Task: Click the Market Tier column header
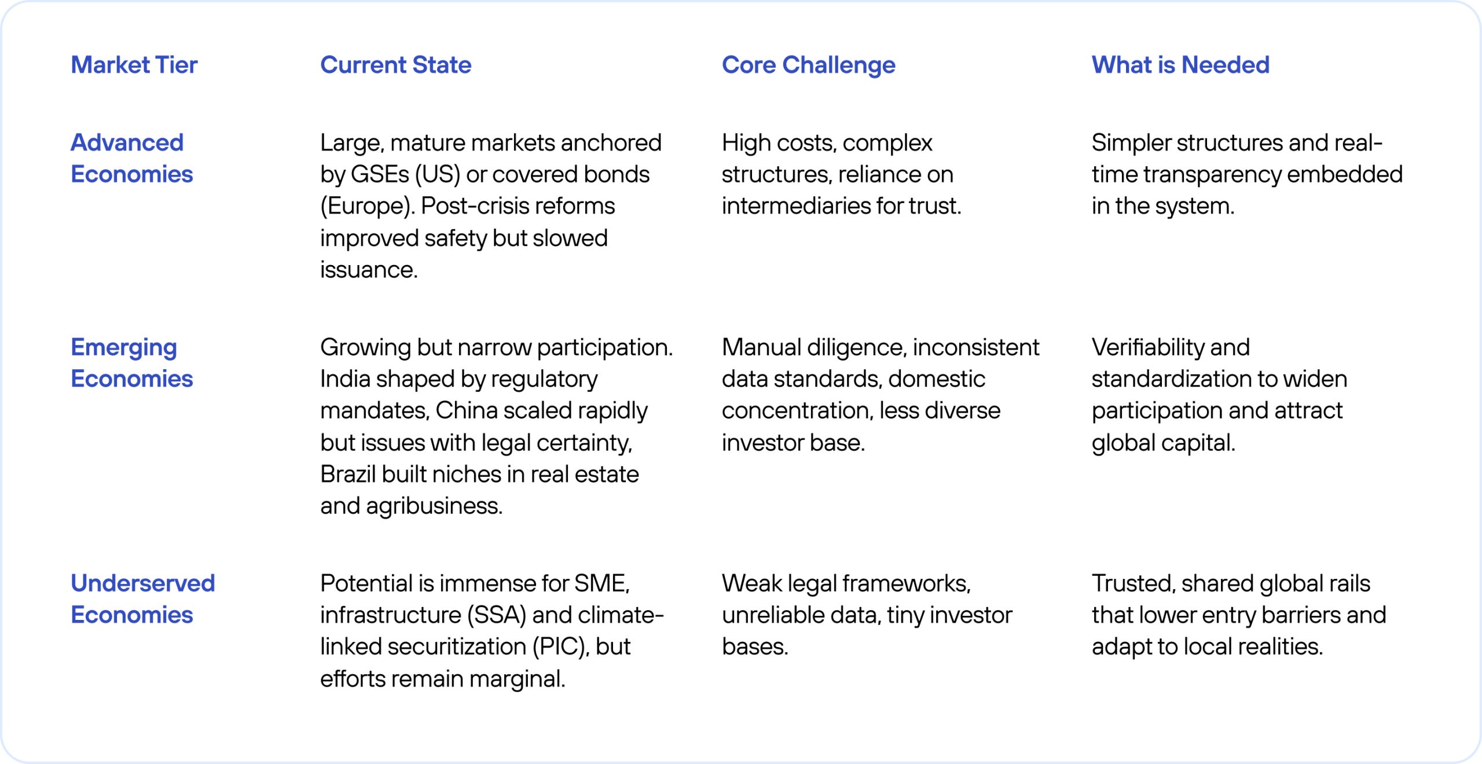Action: click(134, 65)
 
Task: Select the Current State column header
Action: click(396, 65)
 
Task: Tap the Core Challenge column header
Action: click(808, 65)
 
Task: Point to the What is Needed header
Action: click(1180, 65)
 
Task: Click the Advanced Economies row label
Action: click(132, 158)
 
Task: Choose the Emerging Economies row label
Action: click(132, 363)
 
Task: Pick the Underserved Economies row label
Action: click(143, 598)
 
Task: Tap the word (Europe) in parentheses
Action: click(368, 206)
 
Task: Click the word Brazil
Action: click(348, 474)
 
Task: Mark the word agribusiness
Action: click(434, 506)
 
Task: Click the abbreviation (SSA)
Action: click(497, 615)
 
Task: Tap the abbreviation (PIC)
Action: click(561, 647)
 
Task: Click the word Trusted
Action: click(1133, 583)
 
